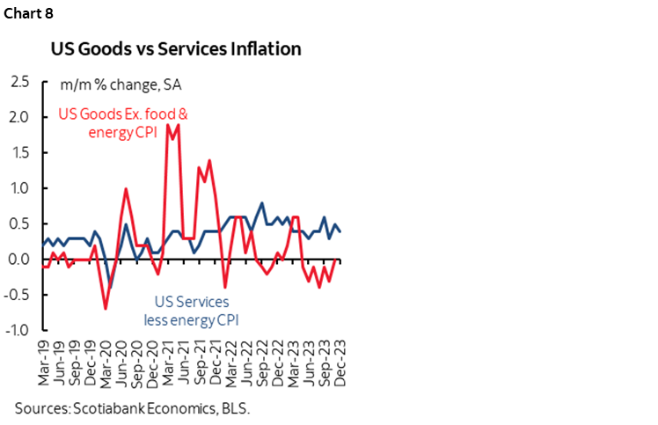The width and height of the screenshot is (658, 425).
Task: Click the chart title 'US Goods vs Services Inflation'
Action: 176,48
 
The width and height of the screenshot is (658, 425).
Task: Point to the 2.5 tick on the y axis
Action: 19,82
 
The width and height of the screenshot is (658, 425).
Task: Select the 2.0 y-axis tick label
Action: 19,117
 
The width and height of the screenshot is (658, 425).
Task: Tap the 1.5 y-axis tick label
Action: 19,153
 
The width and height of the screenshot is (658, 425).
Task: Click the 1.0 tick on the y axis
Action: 19,188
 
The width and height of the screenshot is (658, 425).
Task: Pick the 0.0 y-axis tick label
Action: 19,260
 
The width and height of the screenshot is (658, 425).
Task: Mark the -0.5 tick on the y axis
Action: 18,295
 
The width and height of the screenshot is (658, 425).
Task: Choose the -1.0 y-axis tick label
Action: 18,331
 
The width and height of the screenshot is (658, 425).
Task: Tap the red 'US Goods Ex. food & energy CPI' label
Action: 123,122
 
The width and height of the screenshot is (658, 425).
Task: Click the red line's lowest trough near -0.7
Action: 106,309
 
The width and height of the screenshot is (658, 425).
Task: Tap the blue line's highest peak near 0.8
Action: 261,203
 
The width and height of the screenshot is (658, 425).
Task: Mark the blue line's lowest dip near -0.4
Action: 110,287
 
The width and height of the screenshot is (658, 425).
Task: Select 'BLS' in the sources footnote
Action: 233,408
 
